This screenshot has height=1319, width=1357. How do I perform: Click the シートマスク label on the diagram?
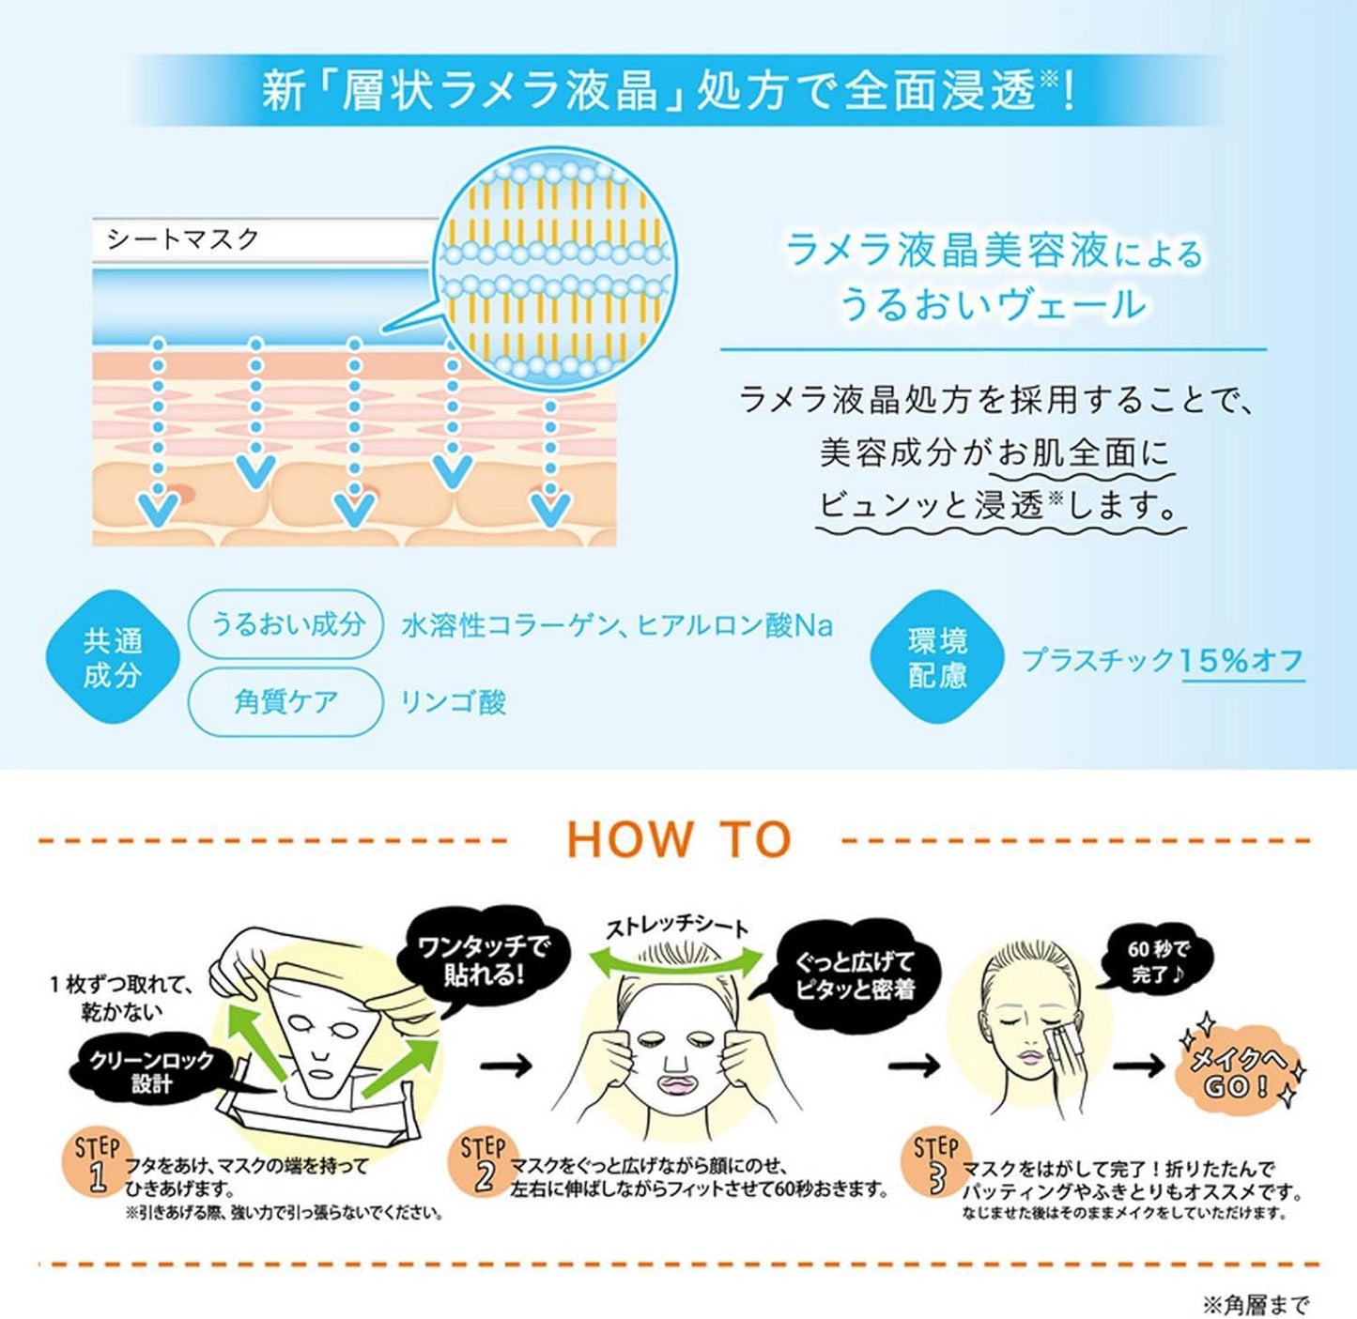click(x=183, y=239)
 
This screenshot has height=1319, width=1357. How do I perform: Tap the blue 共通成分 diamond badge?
click(x=113, y=657)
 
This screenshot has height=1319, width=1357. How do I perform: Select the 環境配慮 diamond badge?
click(x=937, y=657)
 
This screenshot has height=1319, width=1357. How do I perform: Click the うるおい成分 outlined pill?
click(x=285, y=623)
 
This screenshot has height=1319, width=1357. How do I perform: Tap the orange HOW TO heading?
click(x=679, y=838)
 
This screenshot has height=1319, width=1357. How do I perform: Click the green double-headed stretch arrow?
click(x=676, y=959)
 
